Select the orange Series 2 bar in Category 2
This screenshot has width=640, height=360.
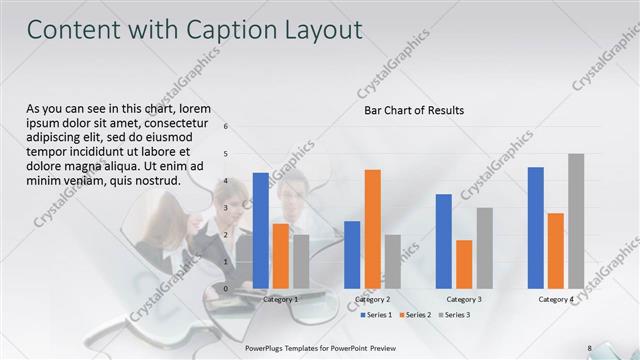pos(372,229)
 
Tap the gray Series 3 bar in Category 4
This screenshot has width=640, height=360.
pos(576,221)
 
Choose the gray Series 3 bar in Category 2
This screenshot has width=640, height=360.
pos(392,261)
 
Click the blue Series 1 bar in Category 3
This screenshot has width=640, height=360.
pos(444,241)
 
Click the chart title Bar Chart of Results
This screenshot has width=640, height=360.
pos(413,110)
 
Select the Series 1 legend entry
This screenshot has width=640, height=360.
pos(377,315)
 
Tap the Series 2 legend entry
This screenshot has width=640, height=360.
pos(415,315)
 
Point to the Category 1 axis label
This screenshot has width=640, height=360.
pos(280,299)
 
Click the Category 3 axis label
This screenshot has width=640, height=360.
pos(464,299)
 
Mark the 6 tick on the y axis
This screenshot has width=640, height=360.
pos(226,127)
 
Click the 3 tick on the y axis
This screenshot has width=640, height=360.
pos(226,208)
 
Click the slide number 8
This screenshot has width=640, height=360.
pos(589,347)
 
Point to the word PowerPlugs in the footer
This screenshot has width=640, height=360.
pos(266,347)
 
